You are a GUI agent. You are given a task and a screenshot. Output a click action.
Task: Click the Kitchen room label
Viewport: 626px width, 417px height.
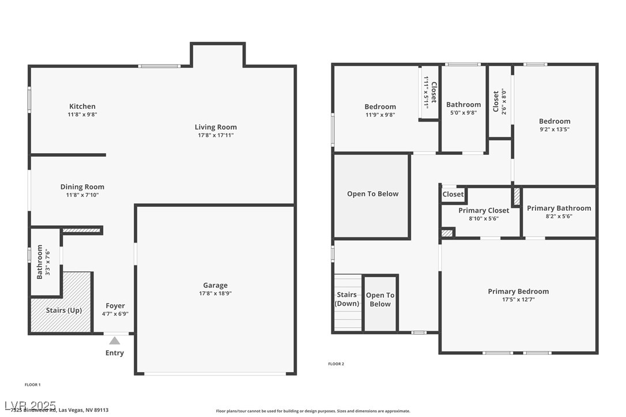click(82, 107)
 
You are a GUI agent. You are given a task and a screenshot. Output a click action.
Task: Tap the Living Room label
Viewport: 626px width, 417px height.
click(216, 127)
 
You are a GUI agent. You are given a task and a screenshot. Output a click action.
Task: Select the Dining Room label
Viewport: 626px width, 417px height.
click(82, 187)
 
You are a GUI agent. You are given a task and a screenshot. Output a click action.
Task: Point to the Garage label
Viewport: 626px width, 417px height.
click(215, 285)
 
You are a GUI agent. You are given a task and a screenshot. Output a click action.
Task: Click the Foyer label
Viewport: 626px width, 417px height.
click(115, 306)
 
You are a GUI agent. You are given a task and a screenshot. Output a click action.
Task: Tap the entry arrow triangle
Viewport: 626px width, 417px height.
click(115, 340)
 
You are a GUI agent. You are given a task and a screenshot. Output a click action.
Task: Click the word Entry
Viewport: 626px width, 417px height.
click(115, 353)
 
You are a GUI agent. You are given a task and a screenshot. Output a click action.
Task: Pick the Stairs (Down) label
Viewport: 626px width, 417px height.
click(347, 300)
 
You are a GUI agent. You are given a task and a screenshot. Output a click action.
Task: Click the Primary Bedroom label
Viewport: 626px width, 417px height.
click(518, 291)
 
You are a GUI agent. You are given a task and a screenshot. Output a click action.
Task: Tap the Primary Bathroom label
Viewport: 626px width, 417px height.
click(559, 208)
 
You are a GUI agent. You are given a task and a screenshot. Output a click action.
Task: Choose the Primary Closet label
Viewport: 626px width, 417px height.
click(484, 211)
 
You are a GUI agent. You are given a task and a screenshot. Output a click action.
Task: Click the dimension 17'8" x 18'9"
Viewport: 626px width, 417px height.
click(215, 293)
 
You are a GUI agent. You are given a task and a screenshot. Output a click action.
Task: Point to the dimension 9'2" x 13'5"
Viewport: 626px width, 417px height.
click(555, 129)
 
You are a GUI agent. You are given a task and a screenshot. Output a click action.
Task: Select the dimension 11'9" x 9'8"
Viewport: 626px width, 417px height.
click(380, 115)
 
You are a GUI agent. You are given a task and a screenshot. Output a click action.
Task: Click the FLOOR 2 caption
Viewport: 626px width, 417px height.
click(336, 364)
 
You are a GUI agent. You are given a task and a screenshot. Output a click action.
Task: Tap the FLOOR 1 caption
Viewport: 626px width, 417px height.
click(33, 384)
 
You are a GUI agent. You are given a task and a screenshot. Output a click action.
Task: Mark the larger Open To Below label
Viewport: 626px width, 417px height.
click(372, 194)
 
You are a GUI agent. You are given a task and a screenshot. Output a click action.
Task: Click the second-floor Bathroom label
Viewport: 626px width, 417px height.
click(463, 105)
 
